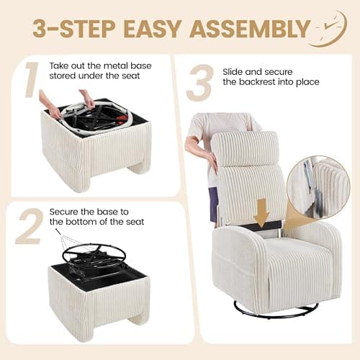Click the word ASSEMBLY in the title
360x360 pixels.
(250, 29)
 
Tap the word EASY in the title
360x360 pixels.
(153, 29)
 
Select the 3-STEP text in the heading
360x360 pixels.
(74, 29)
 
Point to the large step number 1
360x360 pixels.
(31, 80)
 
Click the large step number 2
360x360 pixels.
(30, 227)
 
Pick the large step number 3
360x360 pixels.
(201, 83)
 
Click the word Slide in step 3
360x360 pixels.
(233, 72)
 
